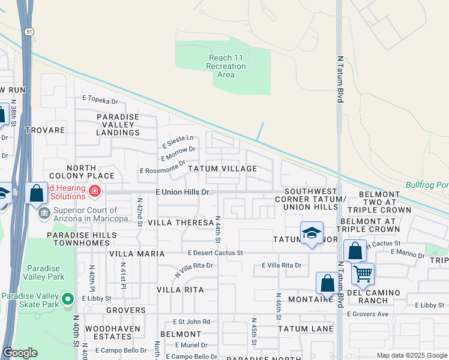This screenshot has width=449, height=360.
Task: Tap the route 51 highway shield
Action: pyautogui.click(x=29, y=31)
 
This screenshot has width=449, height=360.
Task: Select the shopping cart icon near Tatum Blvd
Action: pyautogui.click(x=363, y=274)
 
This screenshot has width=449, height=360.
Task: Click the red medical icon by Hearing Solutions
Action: pyautogui.click(x=94, y=191)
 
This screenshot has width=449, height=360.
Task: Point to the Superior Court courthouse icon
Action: pyautogui.click(x=44, y=214)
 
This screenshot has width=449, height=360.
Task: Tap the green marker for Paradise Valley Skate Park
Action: pyautogui.click(x=68, y=298)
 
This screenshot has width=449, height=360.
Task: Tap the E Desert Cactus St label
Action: pyautogui.click(x=214, y=253)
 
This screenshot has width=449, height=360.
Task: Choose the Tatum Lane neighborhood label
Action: pyautogui.click(x=306, y=329)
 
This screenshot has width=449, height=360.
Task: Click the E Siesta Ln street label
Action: pyautogui.click(x=178, y=142)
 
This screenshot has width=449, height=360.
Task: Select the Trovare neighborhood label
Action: pyautogui.click(x=45, y=130)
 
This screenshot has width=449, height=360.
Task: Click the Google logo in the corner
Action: pyautogui.click(x=20, y=353)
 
